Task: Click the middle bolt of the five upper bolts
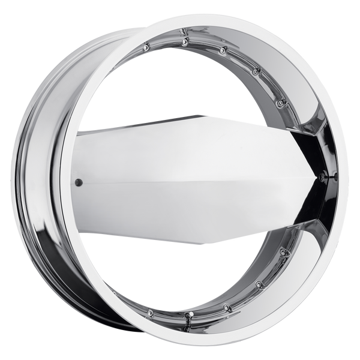(222, 50)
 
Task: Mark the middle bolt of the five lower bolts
(226, 308)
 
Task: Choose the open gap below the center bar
(180, 270)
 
